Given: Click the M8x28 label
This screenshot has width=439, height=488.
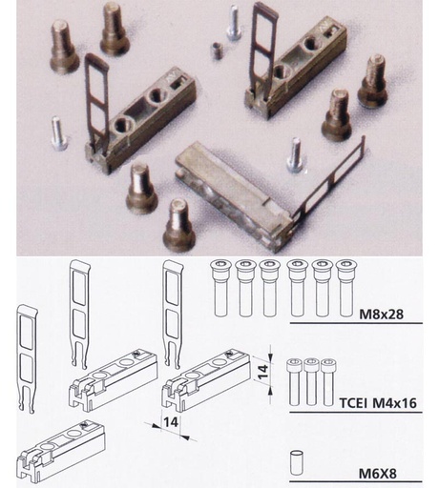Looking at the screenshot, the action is pos(381,315).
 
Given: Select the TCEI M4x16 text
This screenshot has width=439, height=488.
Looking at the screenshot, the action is pos(378,403).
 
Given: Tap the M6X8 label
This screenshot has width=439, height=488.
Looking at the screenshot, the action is pos(378,474).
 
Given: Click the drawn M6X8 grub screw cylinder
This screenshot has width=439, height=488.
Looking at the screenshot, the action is pos(296,462).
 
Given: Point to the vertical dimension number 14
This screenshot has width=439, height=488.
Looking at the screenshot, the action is pos(263,372).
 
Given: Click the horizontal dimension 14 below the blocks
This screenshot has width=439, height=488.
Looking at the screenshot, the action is pos(171,422).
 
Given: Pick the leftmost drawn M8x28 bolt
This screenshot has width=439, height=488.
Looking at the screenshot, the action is pos(220,288).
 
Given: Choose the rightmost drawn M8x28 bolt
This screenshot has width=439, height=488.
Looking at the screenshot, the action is pos(345,288).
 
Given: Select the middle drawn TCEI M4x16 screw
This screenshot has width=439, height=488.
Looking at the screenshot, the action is pos(311,382).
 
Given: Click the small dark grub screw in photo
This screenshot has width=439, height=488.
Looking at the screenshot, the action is pos(218,51).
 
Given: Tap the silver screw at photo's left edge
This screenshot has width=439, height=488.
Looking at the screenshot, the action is pos(58,133).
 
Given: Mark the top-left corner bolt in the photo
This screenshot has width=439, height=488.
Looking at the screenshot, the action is pos(64,47).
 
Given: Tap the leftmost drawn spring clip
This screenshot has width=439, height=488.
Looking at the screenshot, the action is pos(28,358).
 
